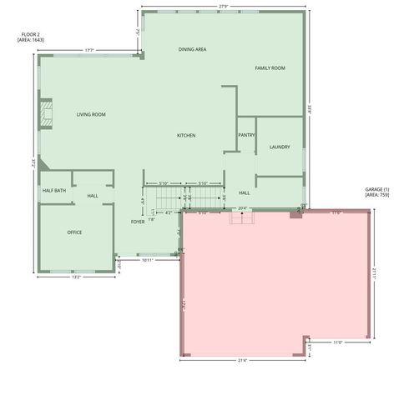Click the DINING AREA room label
pos(192,49)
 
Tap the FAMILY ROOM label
pos(270,67)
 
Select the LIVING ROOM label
pos(91,114)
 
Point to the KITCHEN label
pos(186,135)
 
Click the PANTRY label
pos(246,135)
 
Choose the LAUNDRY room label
pos(280,147)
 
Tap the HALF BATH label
pos(54,191)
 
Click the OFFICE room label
pos(74,232)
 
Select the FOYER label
pos(138,222)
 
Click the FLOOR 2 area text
pos(31,37)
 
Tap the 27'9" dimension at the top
pos(224,7)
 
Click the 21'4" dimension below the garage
pos(244,361)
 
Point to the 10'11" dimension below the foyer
pos(147,260)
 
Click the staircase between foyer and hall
pos(184,197)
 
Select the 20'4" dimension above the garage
pos(242,207)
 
